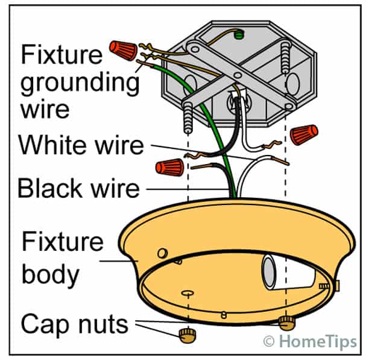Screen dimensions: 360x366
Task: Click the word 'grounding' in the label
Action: click(x=80, y=83)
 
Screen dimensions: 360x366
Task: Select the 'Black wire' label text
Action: click(x=78, y=188)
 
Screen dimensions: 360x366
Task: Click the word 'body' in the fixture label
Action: click(x=50, y=275)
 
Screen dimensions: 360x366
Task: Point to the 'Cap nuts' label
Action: click(x=74, y=324)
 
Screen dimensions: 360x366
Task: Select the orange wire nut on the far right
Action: click(x=303, y=134)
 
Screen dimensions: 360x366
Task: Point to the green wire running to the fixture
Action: click(x=215, y=139)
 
